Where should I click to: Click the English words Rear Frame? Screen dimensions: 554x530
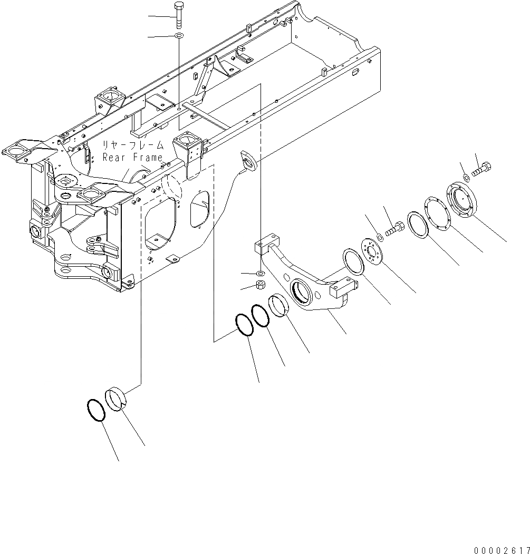pos(132,157)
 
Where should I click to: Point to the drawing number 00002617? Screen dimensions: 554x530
pos(502,549)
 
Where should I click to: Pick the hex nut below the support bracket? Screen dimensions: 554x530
pos(259,285)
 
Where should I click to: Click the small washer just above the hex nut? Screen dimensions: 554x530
pos(259,274)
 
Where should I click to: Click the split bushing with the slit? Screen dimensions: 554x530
pos(119,397)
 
